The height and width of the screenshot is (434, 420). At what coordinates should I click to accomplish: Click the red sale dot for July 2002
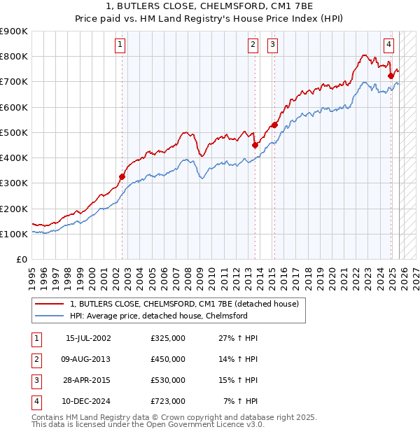pos(122,177)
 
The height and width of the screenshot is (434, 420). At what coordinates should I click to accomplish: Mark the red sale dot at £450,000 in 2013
pos(255,145)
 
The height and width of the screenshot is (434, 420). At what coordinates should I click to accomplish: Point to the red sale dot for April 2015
pos(275,125)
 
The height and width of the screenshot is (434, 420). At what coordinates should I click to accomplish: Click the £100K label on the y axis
pos(14,234)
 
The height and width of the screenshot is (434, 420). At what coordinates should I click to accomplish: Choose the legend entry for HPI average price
pos(159,316)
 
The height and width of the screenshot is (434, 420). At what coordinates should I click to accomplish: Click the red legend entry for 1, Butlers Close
pos(184,304)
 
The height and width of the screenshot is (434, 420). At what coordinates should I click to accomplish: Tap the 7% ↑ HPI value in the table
pos(241,402)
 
